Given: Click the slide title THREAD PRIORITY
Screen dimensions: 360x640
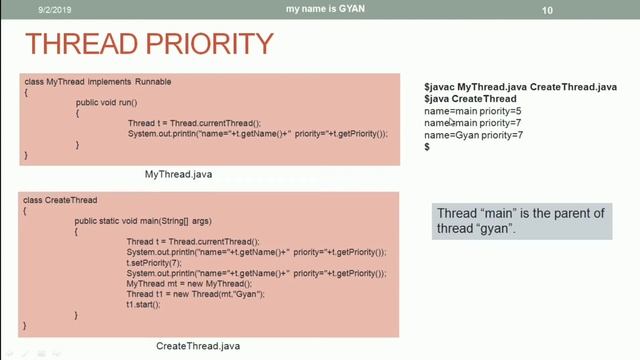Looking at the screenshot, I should (x=149, y=44).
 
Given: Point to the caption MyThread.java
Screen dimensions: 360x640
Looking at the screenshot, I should (x=178, y=174).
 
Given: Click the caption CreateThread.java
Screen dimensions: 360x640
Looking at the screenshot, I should (x=198, y=346).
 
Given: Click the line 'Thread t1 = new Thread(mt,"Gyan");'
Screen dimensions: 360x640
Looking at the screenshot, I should (x=195, y=294).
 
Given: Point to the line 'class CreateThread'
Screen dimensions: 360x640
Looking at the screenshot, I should (x=58, y=200).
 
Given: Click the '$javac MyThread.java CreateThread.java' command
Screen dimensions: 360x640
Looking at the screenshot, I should (x=520, y=87).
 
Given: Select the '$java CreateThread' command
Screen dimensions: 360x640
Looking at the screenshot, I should (x=470, y=99).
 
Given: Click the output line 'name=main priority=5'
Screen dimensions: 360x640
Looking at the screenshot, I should (x=473, y=111).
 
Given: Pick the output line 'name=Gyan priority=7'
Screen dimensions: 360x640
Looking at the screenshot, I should (x=473, y=135).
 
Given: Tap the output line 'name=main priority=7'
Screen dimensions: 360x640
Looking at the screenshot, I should (x=473, y=123).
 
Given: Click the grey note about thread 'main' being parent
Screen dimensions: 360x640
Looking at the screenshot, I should (x=520, y=221).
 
